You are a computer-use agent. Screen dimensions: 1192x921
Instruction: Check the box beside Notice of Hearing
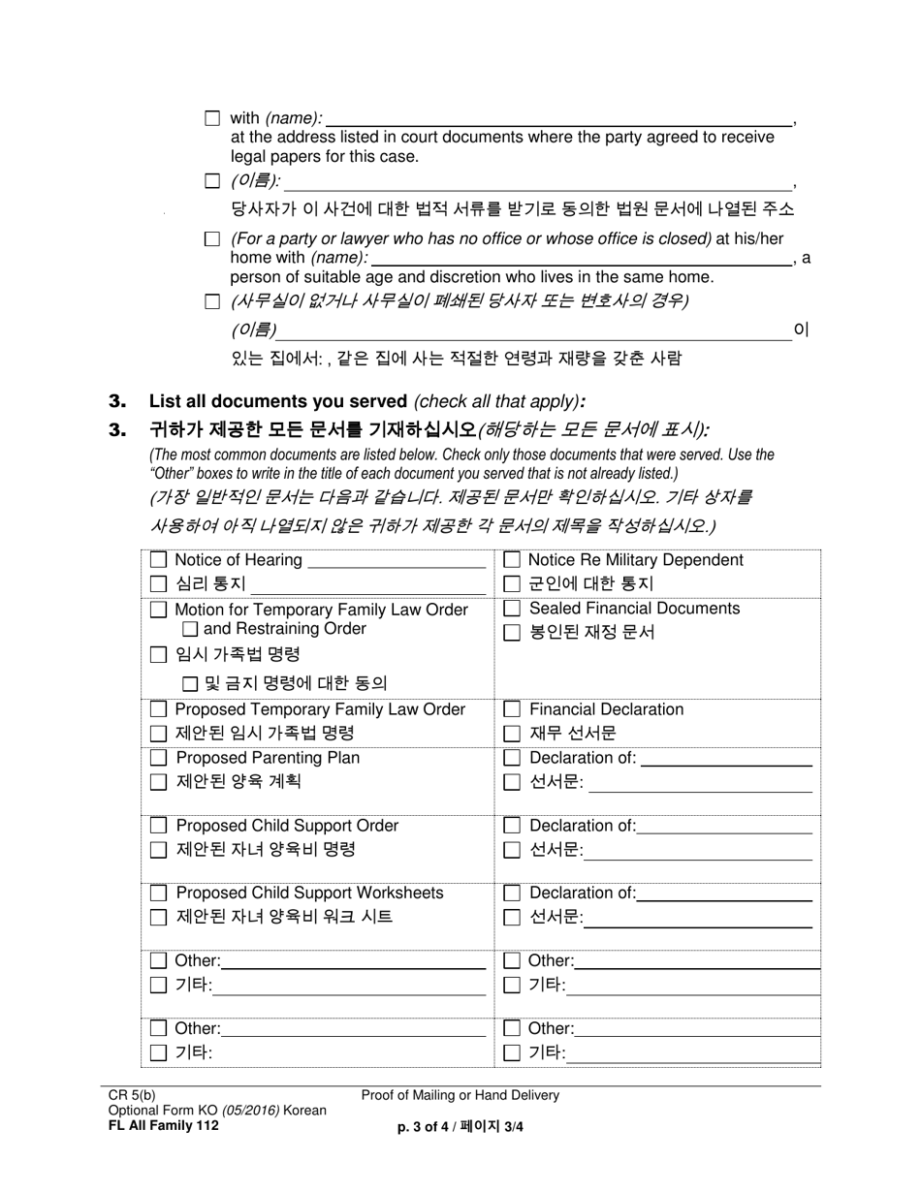click(x=159, y=560)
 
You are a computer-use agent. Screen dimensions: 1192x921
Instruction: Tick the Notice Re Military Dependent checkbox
click(x=512, y=560)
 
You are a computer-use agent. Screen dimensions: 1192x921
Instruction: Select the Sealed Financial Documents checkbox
click(x=512, y=609)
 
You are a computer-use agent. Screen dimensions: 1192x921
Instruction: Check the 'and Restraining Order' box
click(x=190, y=630)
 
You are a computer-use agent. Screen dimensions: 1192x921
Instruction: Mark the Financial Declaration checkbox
click(x=512, y=710)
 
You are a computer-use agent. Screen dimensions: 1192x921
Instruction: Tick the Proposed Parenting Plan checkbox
click(x=159, y=758)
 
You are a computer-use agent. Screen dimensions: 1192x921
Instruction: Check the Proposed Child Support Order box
click(x=159, y=826)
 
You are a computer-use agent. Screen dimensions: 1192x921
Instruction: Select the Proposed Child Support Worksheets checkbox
click(x=159, y=893)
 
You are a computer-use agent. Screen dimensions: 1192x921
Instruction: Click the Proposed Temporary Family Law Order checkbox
click(x=159, y=710)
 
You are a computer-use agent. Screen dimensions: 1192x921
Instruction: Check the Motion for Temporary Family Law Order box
click(x=159, y=611)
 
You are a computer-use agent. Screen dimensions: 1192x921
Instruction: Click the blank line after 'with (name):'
click(x=557, y=120)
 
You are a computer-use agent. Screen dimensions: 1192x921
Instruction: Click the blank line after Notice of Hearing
click(x=396, y=562)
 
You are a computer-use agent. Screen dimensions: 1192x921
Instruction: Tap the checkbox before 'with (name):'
click(x=212, y=118)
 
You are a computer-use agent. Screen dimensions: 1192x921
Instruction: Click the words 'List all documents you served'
click(x=277, y=401)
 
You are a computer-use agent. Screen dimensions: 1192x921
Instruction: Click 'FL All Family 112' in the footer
click(x=163, y=1125)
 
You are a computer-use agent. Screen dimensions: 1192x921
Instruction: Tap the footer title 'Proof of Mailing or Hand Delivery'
click(x=460, y=1096)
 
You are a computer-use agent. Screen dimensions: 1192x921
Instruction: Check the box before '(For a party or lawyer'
click(x=212, y=238)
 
